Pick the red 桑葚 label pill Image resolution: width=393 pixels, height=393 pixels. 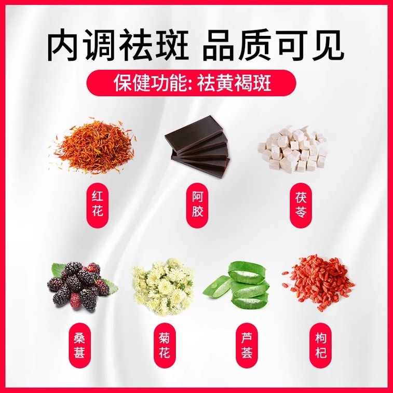tap(79, 345)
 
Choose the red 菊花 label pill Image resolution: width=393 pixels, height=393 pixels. tap(164, 345)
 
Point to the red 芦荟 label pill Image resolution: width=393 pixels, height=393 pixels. tap(247, 345)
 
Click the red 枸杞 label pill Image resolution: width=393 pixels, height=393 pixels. tap(320, 345)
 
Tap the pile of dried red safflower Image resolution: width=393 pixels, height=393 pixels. tap(93, 145)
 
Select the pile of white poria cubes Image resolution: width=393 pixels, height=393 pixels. tap(293, 149)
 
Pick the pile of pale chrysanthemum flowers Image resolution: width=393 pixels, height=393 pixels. tap(164, 287)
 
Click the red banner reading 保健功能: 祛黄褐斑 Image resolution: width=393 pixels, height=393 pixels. tap(192, 83)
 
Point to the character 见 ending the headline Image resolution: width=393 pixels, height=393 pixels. tap(328, 45)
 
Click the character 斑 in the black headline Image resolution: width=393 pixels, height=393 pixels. tap(172, 45)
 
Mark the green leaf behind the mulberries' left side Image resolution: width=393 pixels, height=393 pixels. tap(57, 269)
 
